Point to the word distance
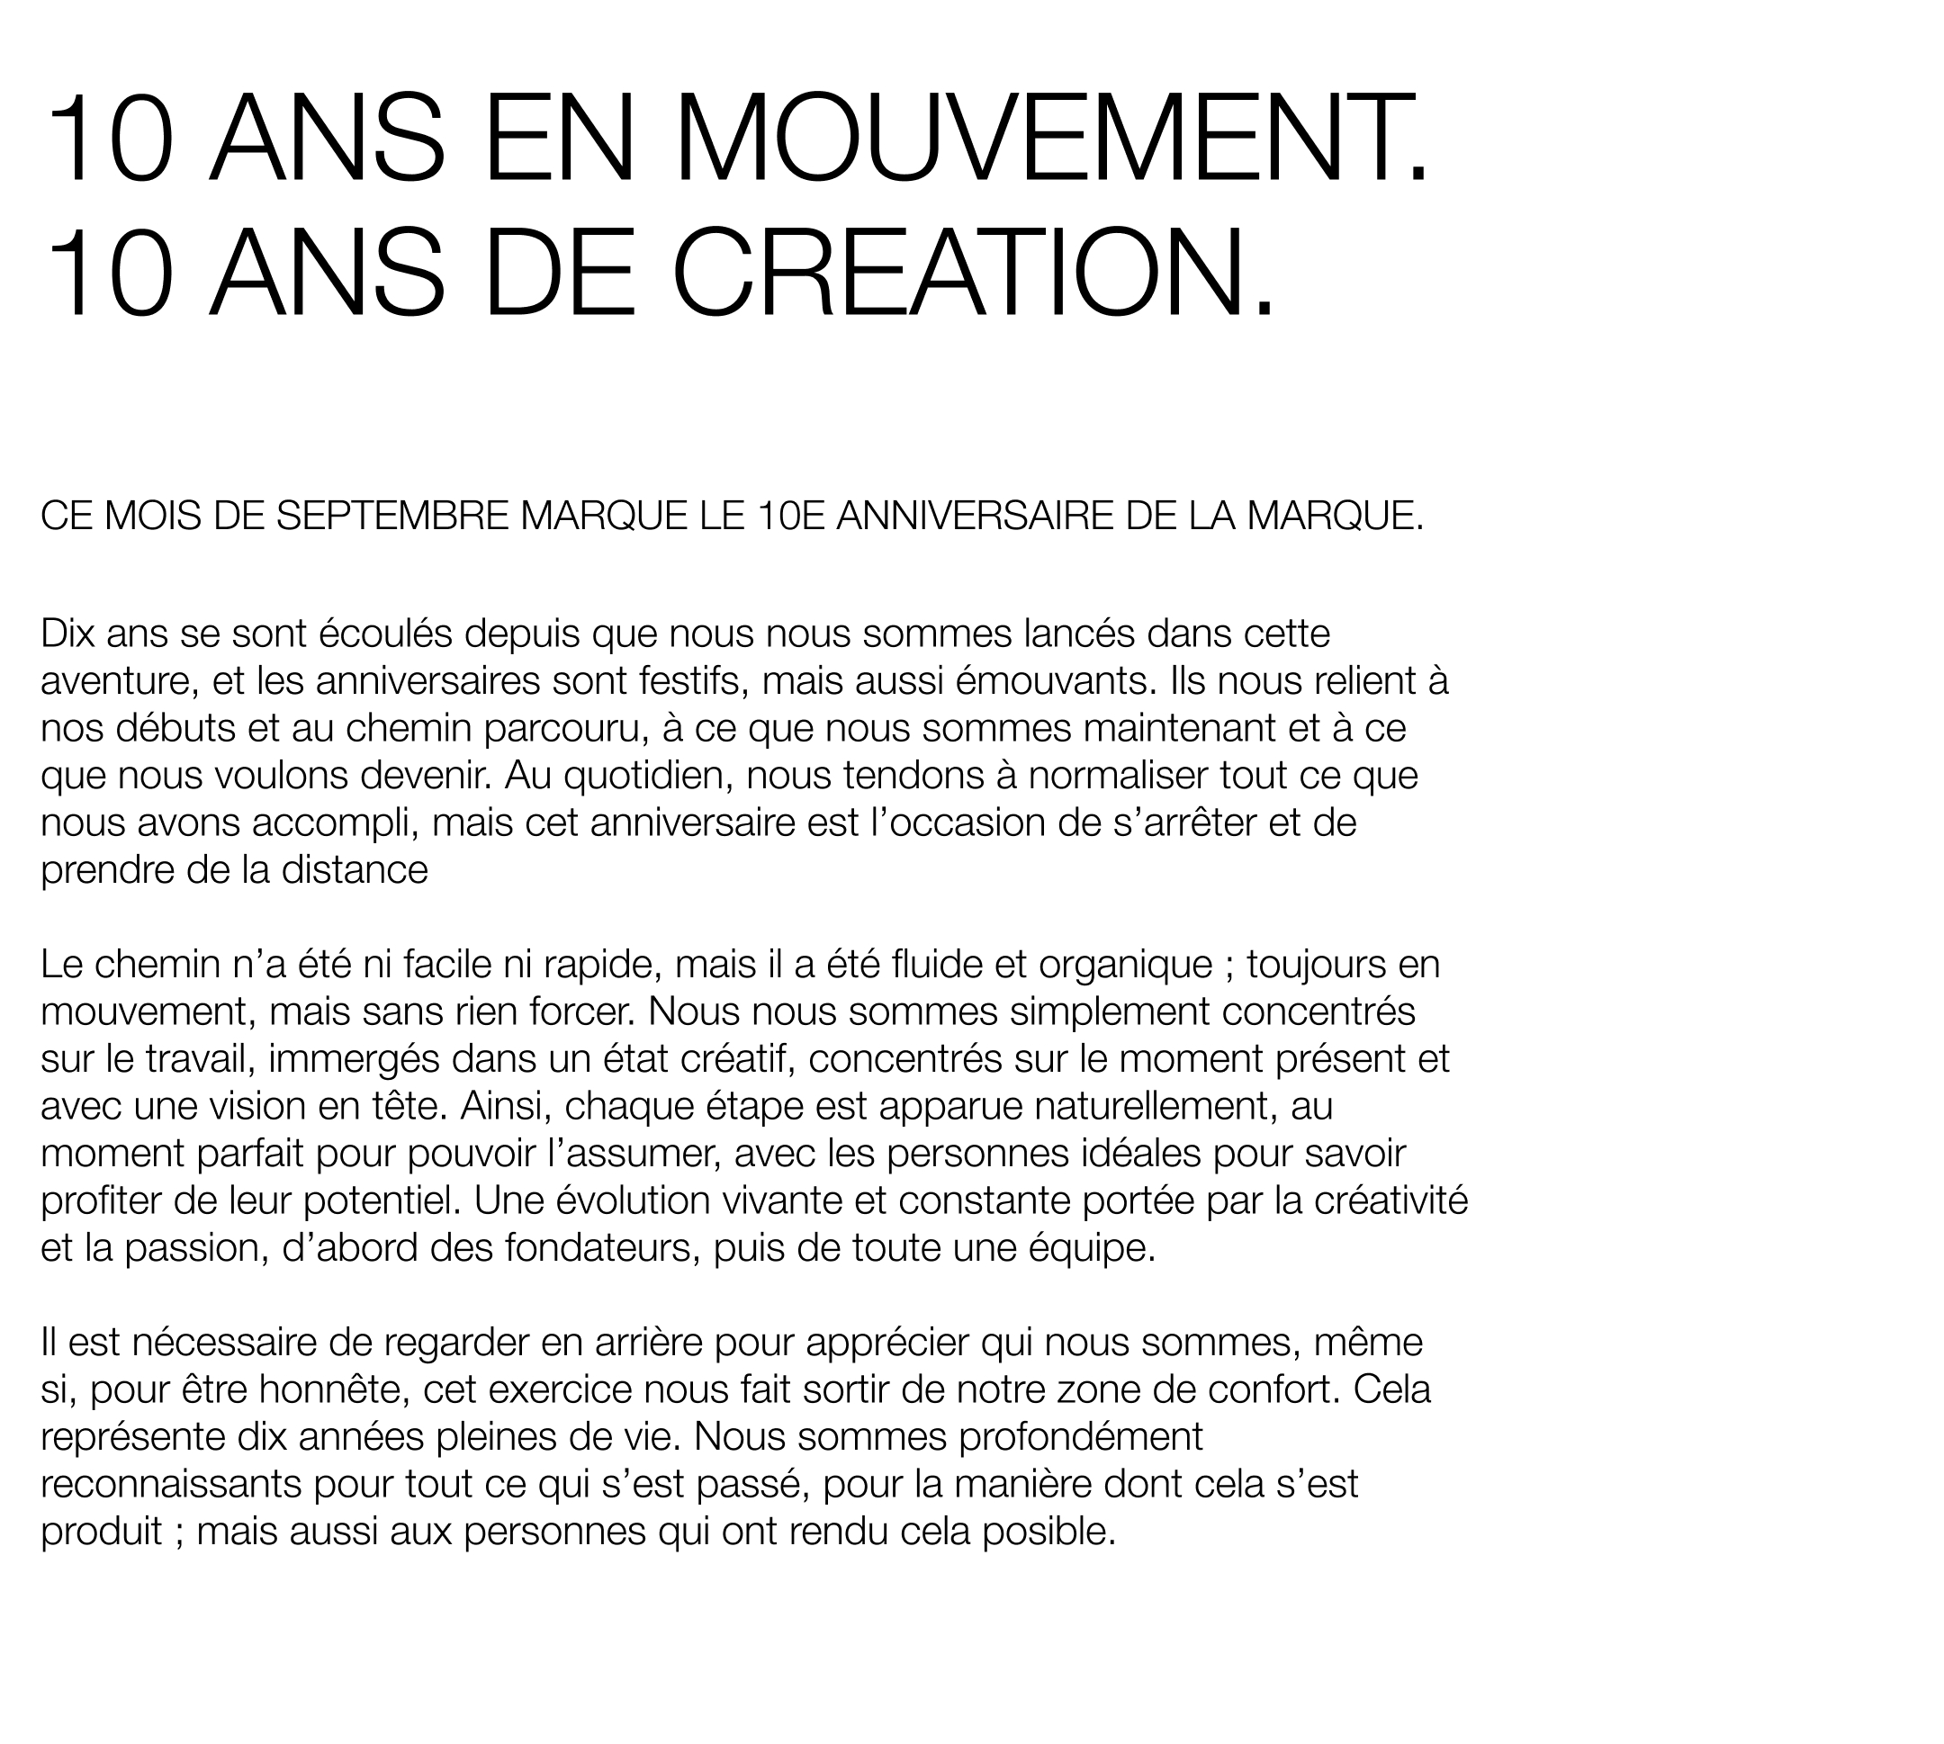click(x=355, y=870)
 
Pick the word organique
click(x=1125, y=964)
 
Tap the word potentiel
click(x=382, y=1200)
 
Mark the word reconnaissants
click(x=172, y=1484)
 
